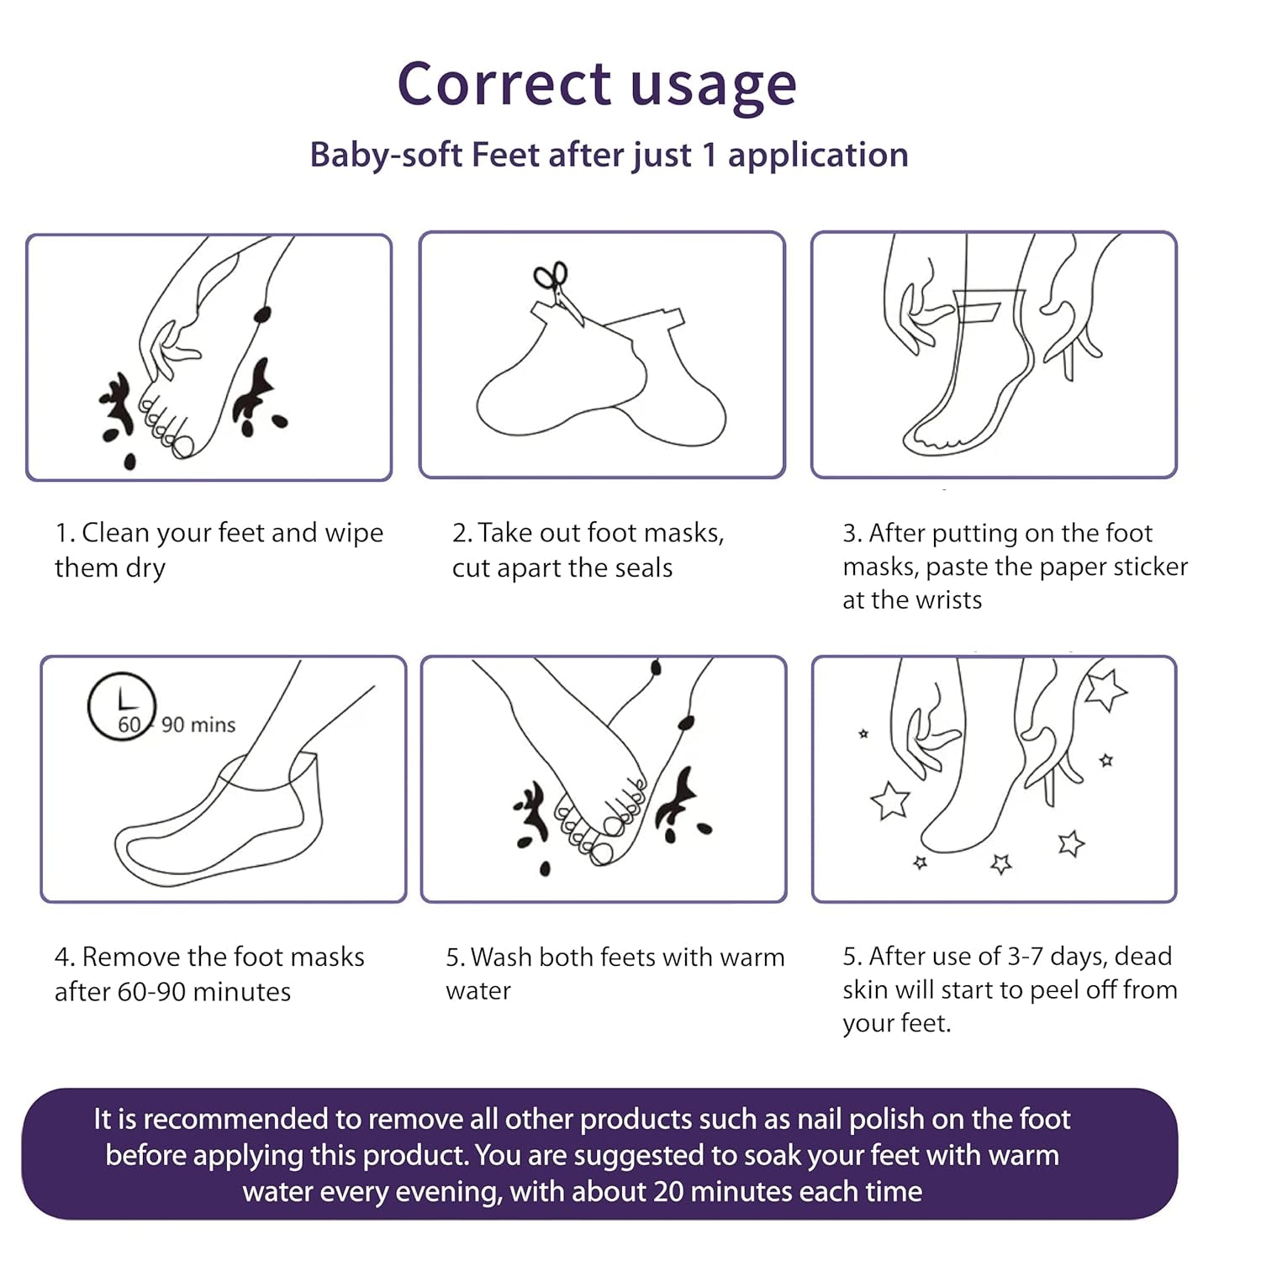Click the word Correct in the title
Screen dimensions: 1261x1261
tap(504, 84)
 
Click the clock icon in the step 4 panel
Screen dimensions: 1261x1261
tap(121, 706)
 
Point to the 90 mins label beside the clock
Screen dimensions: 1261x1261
tap(198, 725)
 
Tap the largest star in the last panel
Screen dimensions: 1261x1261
tap(1105, 689)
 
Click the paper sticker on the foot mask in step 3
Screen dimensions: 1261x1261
tap(977, 311)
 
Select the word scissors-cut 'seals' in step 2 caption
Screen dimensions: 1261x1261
tap(644, 568)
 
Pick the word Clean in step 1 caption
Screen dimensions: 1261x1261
tap(116, 533)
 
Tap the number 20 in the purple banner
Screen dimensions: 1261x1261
tap(667, 1192)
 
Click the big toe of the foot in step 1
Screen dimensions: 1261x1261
tap(183, 445)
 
